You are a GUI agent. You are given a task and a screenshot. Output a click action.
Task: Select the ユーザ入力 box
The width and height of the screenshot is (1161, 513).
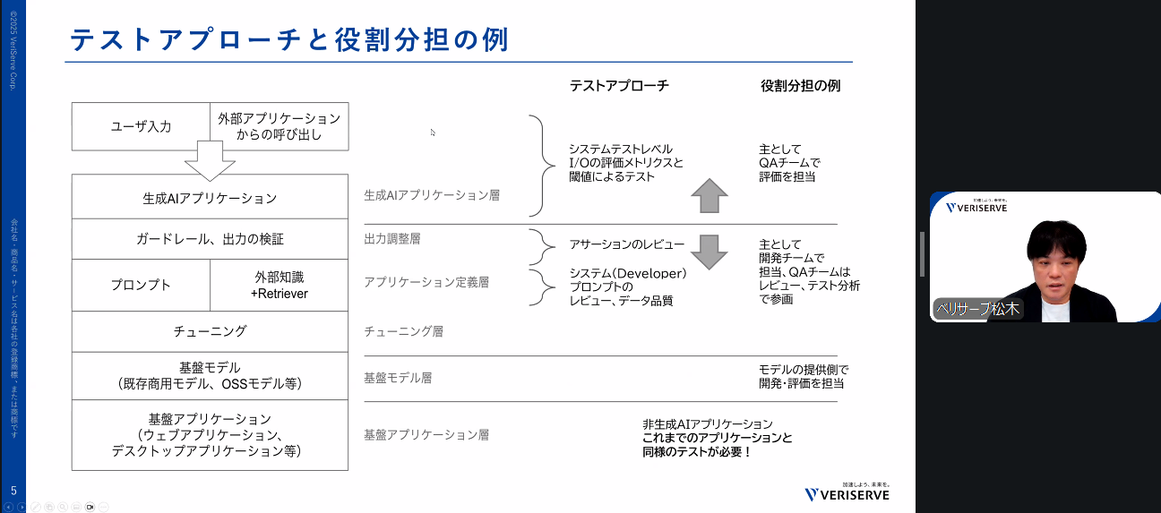[x=141, y=127]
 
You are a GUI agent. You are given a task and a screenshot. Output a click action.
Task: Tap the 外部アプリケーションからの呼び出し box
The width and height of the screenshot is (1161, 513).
[x=279, y=127]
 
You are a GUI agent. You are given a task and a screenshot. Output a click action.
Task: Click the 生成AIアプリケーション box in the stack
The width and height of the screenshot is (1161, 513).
[x=210, y=198]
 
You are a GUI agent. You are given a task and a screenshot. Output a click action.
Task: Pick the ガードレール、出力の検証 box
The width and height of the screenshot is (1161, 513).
[x=210, y=240]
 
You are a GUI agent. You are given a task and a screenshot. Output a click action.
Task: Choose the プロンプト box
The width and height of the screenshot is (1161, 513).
[x=141, y=286]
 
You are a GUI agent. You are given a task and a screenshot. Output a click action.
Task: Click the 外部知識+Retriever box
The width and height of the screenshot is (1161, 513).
[x=279, y=286]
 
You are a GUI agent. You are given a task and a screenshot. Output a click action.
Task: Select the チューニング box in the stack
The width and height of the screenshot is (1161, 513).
[x=210, y=331]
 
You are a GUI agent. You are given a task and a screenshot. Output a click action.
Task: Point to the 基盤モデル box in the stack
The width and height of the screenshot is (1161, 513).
[x=210, y=376]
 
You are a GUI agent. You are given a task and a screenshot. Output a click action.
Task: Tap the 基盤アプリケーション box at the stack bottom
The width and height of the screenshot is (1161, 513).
[x=210, y=435]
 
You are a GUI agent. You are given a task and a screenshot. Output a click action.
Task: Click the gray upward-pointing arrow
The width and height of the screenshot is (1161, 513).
[x=709, y=195]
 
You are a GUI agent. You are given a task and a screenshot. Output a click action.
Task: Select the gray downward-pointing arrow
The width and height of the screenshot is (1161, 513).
[x=709, y=252]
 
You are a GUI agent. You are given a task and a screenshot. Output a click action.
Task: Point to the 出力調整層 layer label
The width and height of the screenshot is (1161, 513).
[x=392, y=239]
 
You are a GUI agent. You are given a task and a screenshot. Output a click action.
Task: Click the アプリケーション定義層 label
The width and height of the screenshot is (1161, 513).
[x=426, y=282]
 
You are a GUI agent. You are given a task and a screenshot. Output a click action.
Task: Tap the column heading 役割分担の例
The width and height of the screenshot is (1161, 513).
[x=800, y=86]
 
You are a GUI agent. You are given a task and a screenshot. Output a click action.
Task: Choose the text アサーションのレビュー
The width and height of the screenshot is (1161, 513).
[x=627, y=244]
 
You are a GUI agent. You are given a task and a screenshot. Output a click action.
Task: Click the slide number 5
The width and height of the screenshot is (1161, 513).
[x=13, y=490]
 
